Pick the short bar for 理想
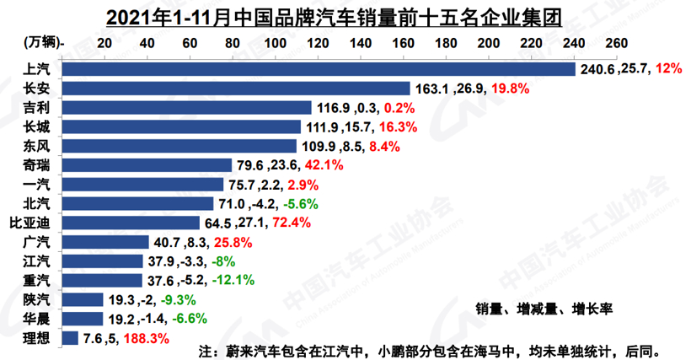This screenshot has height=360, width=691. click(71, 338)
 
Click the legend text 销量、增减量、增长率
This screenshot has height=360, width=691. click(544, 309)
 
